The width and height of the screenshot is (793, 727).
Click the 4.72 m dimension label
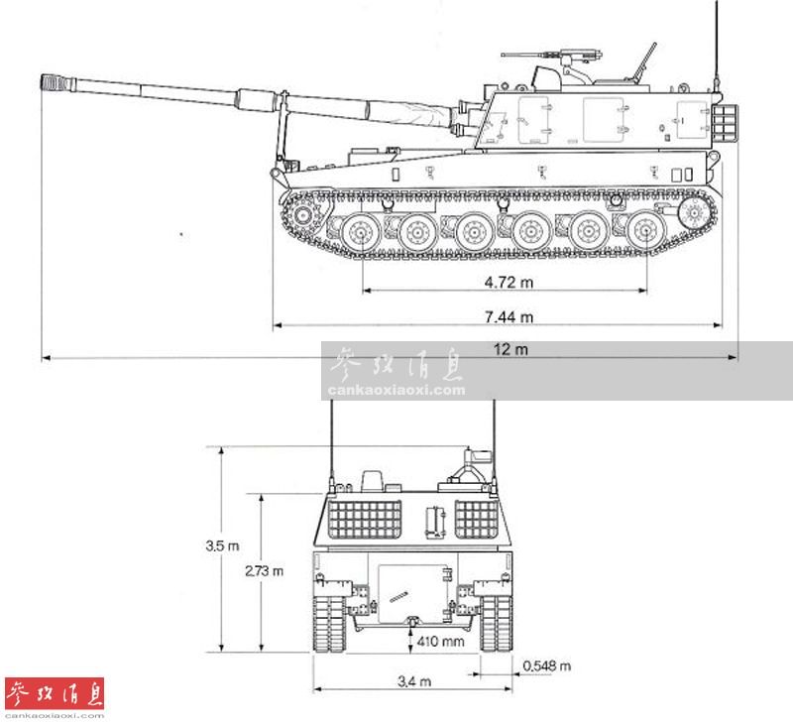[x=509, y=282]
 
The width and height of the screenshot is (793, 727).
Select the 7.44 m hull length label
[x=509, y=316]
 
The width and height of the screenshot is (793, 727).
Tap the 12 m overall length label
[x=510, y=349]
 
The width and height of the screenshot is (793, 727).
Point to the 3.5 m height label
[x=222, y=545]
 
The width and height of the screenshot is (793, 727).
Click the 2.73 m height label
[x=264, y=570]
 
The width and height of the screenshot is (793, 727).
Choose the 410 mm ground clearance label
[x=440, y=641]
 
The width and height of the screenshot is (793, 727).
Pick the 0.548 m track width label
[x=547, y=666]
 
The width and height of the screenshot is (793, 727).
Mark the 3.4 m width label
[x=414, y=681]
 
